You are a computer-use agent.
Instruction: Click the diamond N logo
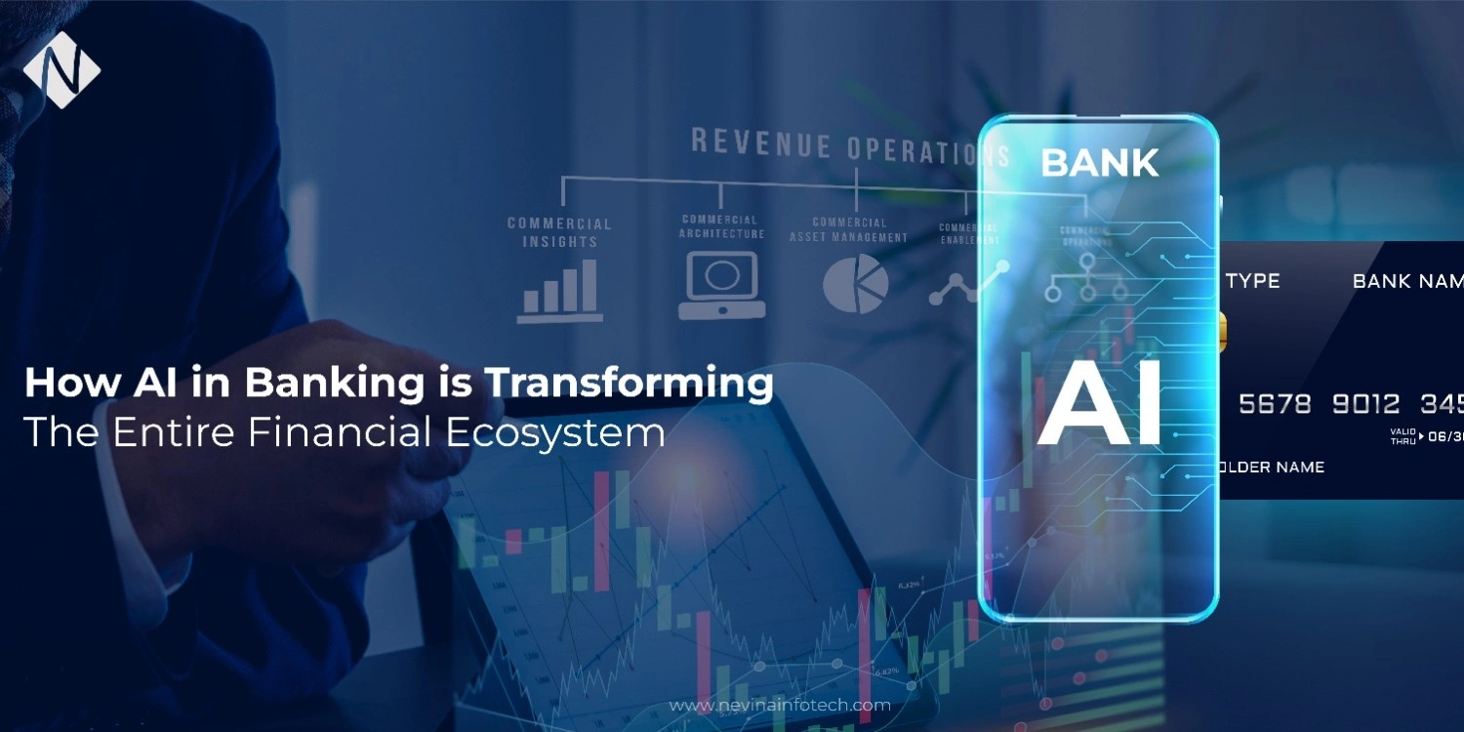(x=61, y=69)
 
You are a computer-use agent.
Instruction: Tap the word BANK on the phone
(x=1099, y=163)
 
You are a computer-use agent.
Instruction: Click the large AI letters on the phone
(x=1099, y=404)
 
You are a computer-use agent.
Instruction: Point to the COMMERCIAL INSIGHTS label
(x=559, y=232)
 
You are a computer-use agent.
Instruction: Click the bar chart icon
(x=559, y=290)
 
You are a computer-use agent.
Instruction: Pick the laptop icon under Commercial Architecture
(x=721, y=285)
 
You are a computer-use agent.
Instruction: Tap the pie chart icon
(x=855, y=284)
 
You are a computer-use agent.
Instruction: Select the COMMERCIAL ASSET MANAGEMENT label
(x=848, y=229)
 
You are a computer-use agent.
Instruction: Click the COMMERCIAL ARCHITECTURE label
(x=721, y=226)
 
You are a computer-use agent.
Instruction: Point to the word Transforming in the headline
(x=630, y=383)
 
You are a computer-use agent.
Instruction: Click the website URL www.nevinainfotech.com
(x=780, y=705)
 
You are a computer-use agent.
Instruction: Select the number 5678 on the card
(x=1275, y=403)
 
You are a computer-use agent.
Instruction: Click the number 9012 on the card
(x=1365, y=403)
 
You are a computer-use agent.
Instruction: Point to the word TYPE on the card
(x=1252, y=281)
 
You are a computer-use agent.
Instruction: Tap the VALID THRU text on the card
(x=1402, y=436)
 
